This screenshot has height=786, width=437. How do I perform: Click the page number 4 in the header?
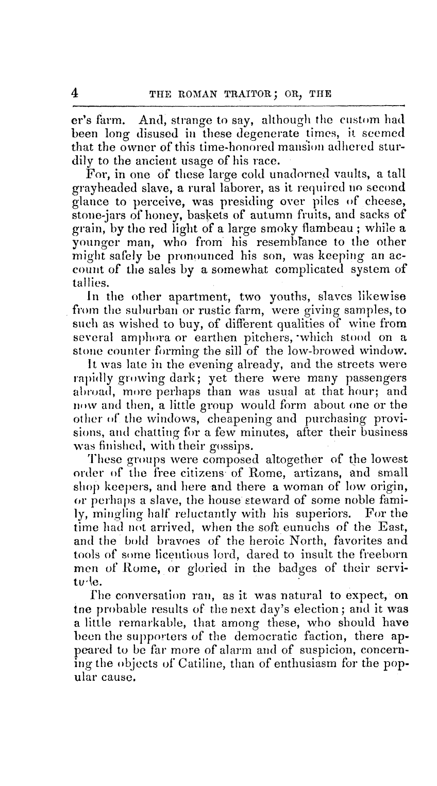click(75, 93)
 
